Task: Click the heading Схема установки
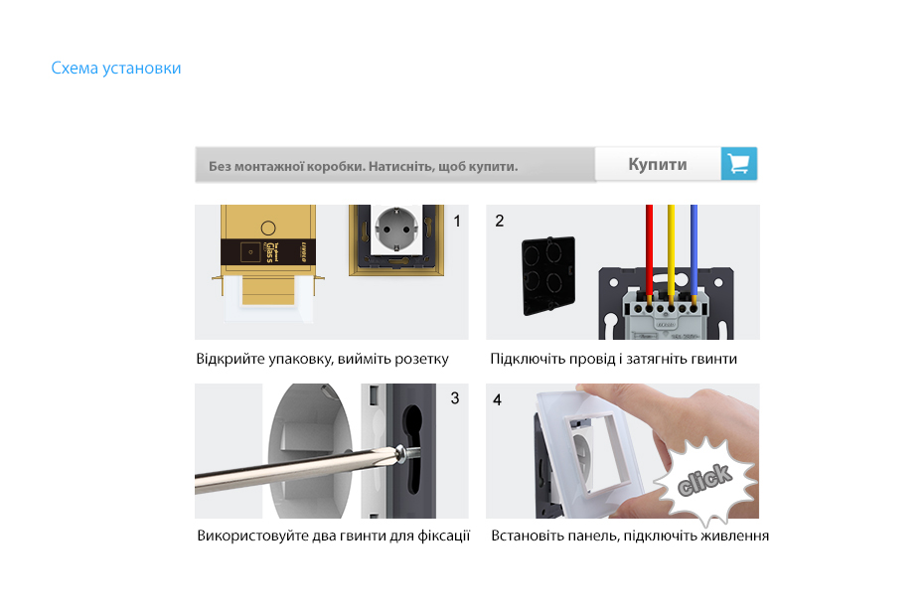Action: (116, 69)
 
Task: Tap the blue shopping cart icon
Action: (739, 163)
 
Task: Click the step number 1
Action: (457, 221)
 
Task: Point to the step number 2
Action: (499, 221)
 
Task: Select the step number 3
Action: (455, 398)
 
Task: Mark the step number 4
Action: (498, 400)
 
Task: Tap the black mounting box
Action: (548, 275)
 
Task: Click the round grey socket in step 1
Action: (396, 229)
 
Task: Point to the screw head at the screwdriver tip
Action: (401, 453)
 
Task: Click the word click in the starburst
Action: (704, 479)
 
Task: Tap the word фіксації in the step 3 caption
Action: (444, 536)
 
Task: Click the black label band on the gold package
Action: (268, 251)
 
